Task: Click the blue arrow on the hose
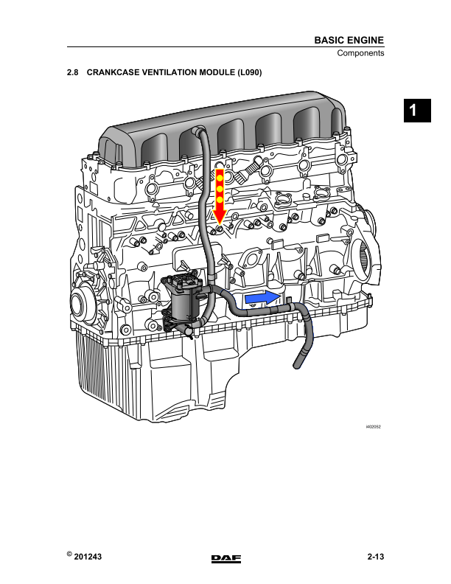262,297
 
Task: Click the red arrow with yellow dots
219,196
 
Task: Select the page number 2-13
375,557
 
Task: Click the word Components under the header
360,54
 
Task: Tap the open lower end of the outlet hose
298,364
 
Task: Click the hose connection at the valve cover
197,131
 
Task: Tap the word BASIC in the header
329,40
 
